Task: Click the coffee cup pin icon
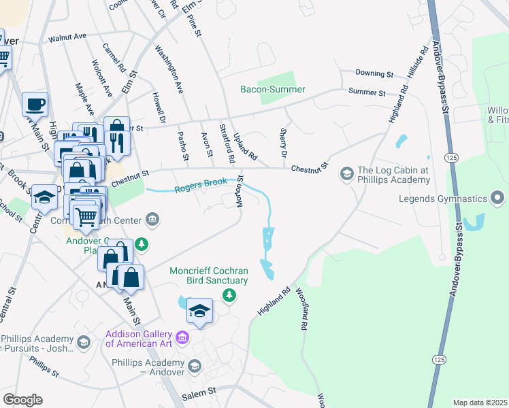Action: (x=35, y=105)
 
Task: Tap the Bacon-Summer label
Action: (x=273, y=90)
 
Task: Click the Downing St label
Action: (x=375, y=73)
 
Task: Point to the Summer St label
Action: (x=367, y=92)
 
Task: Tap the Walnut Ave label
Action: (x=67, y=37)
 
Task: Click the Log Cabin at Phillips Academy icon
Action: (x=346, y=175)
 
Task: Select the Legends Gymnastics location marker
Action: (x=498, y=198)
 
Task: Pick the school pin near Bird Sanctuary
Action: (x=199, y=311)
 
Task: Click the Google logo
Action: (x=22, y=400)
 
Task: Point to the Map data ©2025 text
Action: (x=479, y=403)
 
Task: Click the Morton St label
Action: (x=240, y=192)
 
